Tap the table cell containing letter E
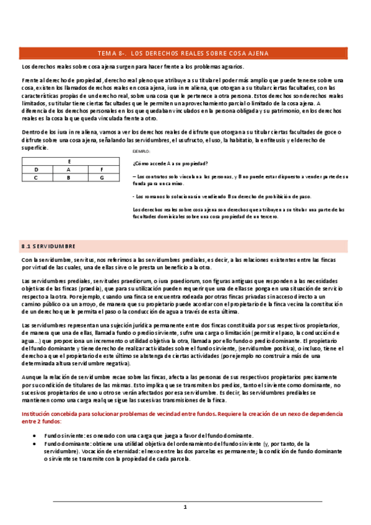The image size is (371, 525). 68,161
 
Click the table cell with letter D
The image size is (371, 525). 36,169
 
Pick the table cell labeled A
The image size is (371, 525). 68,169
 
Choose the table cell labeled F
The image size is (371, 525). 102,169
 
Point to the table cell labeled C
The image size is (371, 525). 36,178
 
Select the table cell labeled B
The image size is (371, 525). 68,178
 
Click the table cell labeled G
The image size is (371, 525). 102,178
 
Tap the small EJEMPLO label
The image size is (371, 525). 142,152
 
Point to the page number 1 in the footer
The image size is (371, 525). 185,507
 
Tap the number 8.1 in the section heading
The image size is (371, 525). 26,246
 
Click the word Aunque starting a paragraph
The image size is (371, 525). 30,377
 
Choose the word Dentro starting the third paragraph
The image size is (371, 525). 30,132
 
